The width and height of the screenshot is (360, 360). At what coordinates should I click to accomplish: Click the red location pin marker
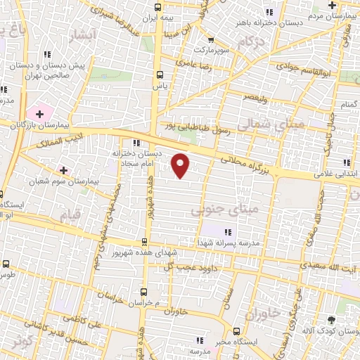181,165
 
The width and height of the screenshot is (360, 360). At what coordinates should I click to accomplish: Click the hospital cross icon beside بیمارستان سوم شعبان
64,170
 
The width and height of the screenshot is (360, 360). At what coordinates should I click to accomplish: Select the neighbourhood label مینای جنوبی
225,209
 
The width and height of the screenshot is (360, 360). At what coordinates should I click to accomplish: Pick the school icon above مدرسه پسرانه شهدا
227,232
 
